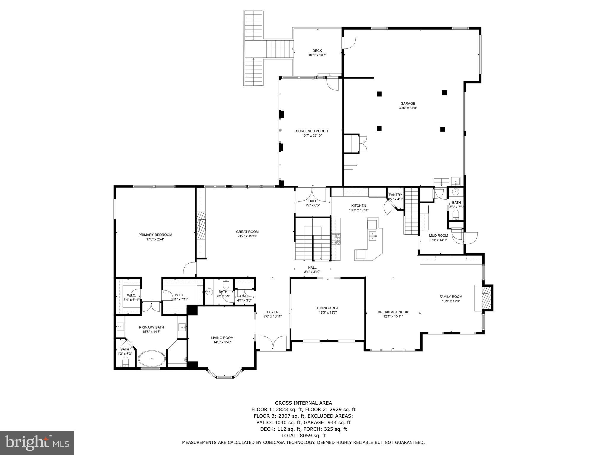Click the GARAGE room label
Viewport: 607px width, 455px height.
(x=408, y=106)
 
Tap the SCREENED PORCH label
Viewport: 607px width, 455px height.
(x=312, y=133)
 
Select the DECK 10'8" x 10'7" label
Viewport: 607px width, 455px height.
(x=317, y=53)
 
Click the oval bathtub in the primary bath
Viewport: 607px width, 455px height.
(x=152, y=358)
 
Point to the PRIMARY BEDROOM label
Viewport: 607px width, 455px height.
(x=155, y=237)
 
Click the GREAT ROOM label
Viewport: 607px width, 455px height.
(x=247, y=234)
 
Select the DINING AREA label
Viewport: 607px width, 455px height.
(x=328, y=310)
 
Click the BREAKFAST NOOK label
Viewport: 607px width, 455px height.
(x=393, y=314)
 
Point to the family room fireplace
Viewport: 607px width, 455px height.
(x=486, y=298)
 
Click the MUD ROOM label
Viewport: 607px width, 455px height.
(x=438, y=238)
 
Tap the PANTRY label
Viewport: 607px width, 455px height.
(x=395, y=197)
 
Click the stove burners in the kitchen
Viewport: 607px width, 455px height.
(x=336, y=239)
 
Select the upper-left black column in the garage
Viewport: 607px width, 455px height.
(x=379, y=94)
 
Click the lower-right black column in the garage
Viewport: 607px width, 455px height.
(x=443, y=129)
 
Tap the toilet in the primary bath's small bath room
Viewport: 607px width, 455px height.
(x=126, y=361)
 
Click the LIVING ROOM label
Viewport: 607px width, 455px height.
(x=222, y=340)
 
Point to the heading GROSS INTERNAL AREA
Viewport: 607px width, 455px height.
(x=303, y=403)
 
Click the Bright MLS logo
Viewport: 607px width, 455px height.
(x=37, y=443)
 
